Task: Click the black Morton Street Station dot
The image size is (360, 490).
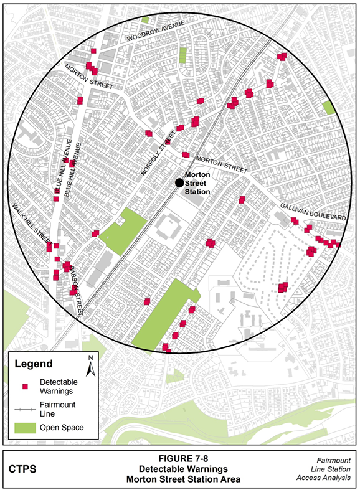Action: [179, 182]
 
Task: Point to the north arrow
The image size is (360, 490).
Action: [90, 365]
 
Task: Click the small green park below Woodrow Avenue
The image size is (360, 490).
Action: [182, 55]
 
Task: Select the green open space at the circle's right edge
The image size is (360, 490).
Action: [328, 107]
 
